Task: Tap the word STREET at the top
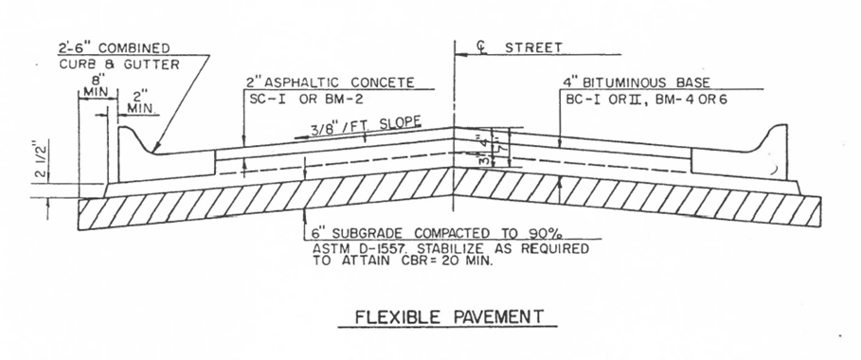[x=533, y=45]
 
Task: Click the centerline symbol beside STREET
[x=460, y=46]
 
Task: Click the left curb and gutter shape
[x=142, y=161]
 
